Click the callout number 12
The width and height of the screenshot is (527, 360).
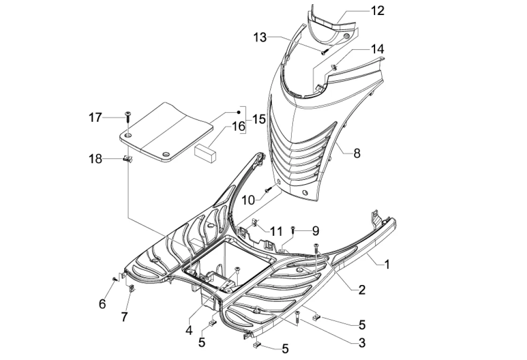377,10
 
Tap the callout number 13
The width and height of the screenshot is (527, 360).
261,37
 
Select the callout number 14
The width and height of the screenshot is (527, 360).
377,49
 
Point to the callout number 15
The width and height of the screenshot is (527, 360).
258,119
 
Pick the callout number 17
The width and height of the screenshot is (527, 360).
95,117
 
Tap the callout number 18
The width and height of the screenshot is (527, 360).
95,159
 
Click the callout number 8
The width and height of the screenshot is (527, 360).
357,153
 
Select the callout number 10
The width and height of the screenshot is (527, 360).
248,200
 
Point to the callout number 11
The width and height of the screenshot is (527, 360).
277,231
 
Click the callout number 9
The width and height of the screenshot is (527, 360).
315,230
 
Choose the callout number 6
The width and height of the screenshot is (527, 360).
102,304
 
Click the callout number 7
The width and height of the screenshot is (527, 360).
124,317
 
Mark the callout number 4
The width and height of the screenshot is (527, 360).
188,330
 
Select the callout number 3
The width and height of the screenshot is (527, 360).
361,343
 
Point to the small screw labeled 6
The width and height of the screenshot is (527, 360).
114,279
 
